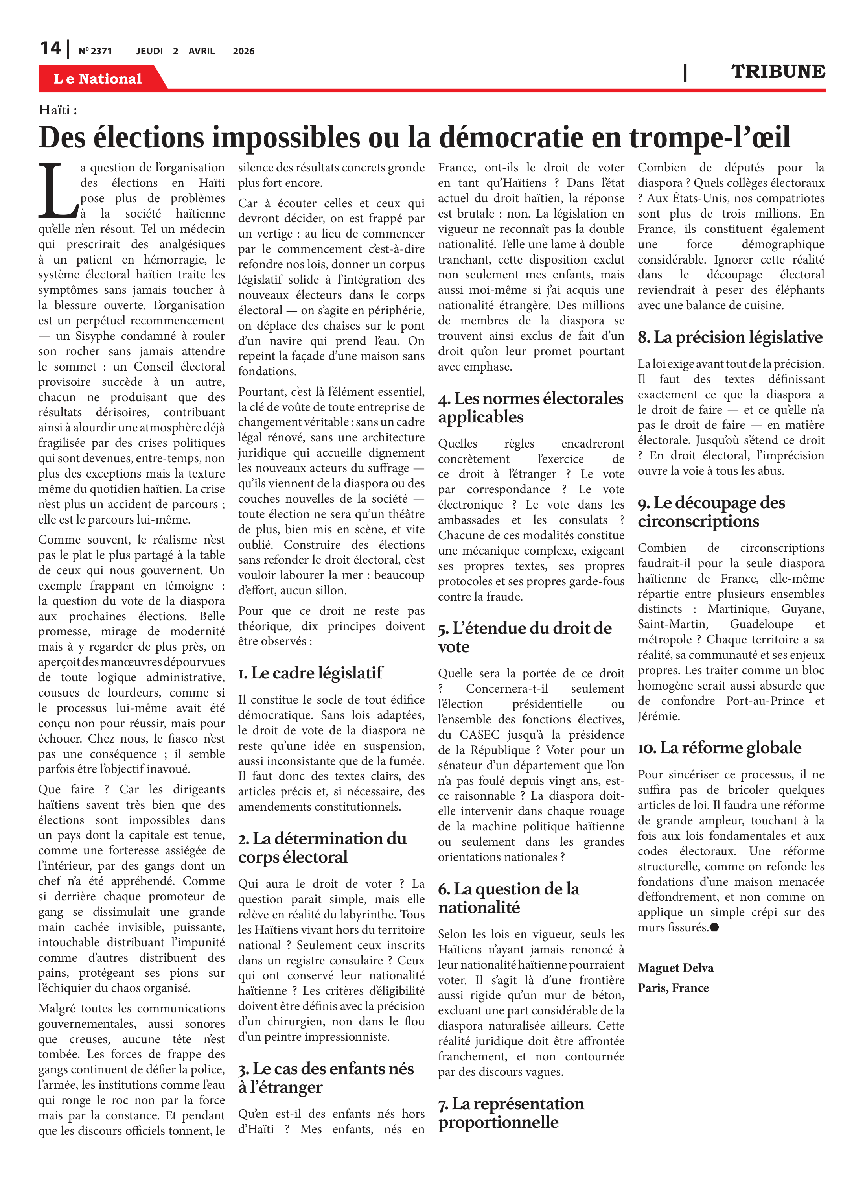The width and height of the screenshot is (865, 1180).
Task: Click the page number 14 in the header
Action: click(x=51, y=48)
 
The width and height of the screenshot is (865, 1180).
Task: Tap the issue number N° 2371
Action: click(x=95, y=51)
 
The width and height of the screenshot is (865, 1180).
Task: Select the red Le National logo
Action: click(x=98, y=79)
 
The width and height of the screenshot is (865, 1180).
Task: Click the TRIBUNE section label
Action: click(x=778, y=72)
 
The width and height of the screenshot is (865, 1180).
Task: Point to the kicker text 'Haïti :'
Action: click(x=57, y=110)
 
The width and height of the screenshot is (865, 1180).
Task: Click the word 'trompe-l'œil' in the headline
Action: click(x=709, y=138)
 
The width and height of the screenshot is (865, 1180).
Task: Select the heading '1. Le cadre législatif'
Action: click(x=311, y=673)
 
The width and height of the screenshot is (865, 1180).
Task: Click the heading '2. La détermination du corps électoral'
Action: click(x=322, y=847)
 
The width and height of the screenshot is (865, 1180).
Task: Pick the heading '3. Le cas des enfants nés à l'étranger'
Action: click(x=326, y=1078)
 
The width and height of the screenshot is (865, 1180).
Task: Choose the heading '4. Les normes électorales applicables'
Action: click(x=530, y=407)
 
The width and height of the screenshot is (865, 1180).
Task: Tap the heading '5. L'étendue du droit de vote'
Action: click(x=524, y=637)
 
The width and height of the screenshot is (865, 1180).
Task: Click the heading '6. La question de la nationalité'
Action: click(x=508, y=898)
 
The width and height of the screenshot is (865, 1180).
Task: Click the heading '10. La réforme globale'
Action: click(x=719, y=747)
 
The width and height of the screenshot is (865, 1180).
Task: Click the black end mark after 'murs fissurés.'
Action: click(x=714, y=927)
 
